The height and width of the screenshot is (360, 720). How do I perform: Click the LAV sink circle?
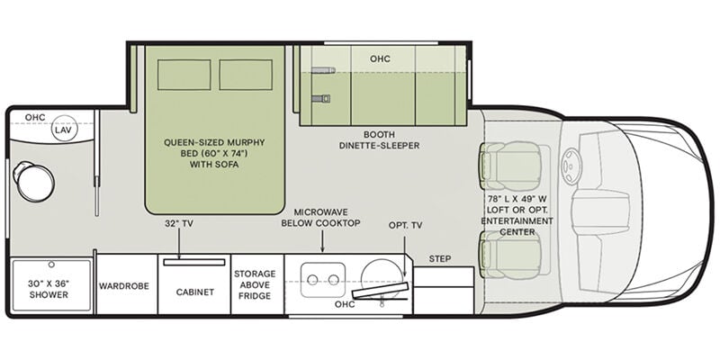(64, 128)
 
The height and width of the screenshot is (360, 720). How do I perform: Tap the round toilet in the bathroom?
(34, 182)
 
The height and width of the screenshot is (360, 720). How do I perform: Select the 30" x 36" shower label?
(49, 289)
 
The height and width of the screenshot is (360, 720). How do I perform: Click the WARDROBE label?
(124, 286)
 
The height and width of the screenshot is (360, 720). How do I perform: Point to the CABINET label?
(195, 292)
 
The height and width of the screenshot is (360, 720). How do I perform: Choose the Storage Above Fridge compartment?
(257, 284)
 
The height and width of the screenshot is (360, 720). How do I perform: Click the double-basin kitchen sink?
(323, 280)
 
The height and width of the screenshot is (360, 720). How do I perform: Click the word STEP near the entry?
(440, 259)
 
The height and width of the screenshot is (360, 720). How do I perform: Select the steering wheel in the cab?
(571, 166)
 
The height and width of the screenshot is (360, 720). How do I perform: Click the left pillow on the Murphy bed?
(184, 75)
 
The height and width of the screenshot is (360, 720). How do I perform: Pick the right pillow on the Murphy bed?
(246, 75)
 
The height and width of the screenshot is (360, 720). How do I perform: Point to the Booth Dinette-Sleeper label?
(380, 140)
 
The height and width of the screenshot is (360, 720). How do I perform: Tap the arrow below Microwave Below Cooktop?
(322, 241)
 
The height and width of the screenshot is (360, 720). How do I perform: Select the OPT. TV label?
(406, 226)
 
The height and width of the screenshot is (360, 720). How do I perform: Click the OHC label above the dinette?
(380, 58)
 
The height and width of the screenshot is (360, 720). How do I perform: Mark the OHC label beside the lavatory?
(35, 118)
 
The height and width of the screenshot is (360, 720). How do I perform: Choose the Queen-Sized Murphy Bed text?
(214, 153)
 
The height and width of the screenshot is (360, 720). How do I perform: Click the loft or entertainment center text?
(517, 216)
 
